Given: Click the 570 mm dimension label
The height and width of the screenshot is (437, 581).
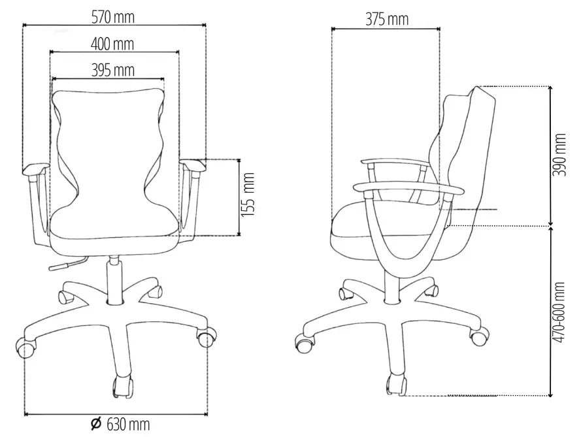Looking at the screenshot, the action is [113, 17].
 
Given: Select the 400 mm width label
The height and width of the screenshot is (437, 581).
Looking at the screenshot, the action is [112, 44].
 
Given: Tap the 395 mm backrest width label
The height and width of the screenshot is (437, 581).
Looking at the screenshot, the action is [113, 70].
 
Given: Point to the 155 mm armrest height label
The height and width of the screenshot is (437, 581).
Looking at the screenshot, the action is [248, 195].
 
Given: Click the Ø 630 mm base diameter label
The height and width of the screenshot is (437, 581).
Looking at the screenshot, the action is [120, 424].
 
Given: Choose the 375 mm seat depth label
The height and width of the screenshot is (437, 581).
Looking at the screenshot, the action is [387, 19].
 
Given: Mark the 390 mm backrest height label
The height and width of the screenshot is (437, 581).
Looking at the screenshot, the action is [559, 155].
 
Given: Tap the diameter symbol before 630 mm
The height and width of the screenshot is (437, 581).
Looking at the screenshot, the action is [96, 424].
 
